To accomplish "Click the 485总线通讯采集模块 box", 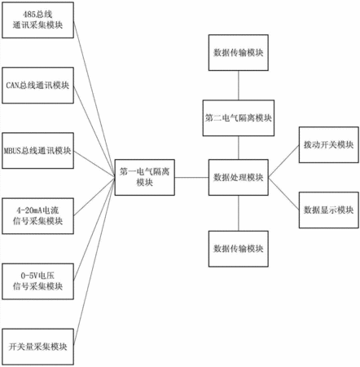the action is point(37,20).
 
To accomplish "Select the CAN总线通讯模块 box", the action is point(37,86).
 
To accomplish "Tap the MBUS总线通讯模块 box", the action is point(37,151).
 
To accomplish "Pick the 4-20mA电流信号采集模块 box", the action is point(37,216).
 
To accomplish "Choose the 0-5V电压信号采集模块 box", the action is point(37,281).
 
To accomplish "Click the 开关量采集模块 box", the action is point(37,347).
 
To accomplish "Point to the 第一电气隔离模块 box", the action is point(145,178).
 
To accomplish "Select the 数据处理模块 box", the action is point(239,178).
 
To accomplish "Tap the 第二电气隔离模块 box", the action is point(239,118).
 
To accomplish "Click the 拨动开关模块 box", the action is point(329,145).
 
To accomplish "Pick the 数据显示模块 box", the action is point(329,210).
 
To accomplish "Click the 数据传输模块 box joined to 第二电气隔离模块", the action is point(239,53).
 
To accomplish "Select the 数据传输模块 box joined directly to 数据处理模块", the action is point(239,249).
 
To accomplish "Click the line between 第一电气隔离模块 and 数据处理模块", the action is point(191,178).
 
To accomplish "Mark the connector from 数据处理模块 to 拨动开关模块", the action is point(283,161).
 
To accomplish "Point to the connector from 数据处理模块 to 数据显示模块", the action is point(283,194).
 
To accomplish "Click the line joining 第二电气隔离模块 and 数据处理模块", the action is point(239,148).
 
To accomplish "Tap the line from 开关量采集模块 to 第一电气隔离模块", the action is point(94,262).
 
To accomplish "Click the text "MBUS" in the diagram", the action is point(12,151).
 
